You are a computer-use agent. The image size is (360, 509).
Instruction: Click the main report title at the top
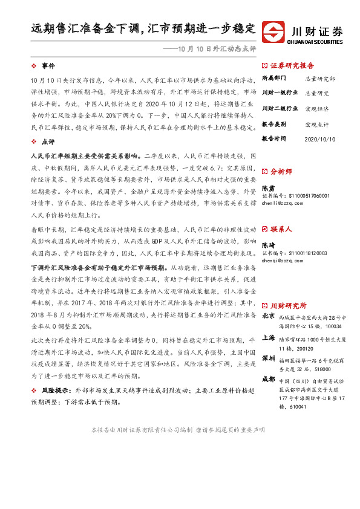(143, 28)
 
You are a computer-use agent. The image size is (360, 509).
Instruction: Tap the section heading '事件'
(48, 65)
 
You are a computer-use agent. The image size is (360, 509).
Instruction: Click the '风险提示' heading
(54, 392)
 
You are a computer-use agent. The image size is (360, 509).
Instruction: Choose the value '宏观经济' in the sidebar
(316, 109)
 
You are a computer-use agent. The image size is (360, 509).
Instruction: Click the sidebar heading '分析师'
(282, 171)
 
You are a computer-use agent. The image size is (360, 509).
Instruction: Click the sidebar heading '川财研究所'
(288, 305)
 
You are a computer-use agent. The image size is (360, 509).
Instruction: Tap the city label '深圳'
(267, 358)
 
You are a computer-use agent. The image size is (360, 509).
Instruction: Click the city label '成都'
(267, 379)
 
